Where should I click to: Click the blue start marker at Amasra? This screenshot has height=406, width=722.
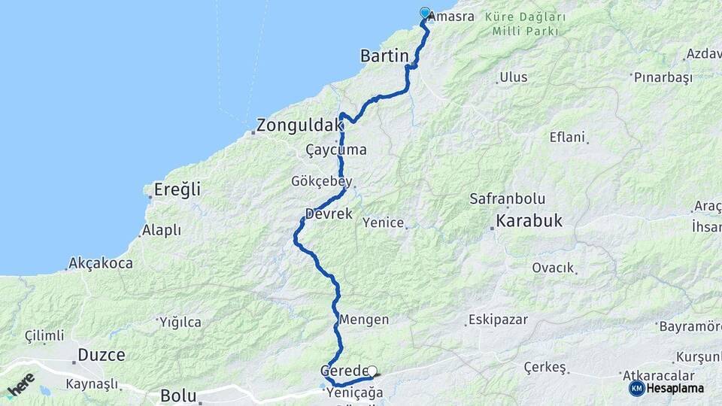[x=425, y=13]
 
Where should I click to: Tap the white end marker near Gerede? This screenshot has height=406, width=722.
[x=372, y=371]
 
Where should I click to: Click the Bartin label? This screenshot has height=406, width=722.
[x=384, y=56]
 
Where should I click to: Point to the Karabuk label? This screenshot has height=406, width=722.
[x=529, y=222]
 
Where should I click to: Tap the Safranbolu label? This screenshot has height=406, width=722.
[x=507, y=199]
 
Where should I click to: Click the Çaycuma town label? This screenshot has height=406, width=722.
[x=336, y=150]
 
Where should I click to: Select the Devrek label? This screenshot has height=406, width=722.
[x=329, y=214]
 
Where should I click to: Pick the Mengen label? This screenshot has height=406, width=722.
[x=364, y=320]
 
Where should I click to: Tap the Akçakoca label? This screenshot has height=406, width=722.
[x=100, y=263]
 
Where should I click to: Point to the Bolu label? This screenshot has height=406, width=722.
[x=178, y=395]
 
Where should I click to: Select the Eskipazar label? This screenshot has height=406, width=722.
[x=497, y=320]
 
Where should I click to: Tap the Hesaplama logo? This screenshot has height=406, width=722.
[x=666, y=388]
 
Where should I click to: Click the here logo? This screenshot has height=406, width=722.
[x=20, y=385]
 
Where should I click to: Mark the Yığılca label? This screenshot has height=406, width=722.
[x=180, y=323]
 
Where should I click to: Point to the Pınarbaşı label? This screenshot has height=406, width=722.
[x=662, y=77]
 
